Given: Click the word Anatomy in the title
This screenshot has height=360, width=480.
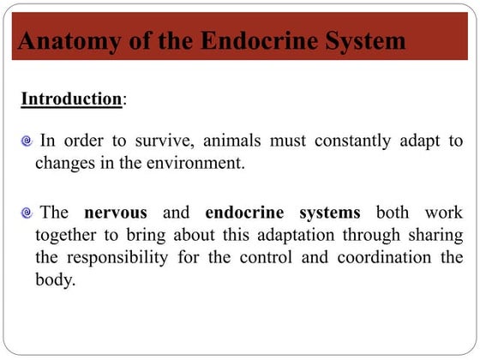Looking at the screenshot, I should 58,41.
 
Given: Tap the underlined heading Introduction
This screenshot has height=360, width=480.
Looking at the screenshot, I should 71,99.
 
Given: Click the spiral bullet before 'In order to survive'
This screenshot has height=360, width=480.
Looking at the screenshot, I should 27,140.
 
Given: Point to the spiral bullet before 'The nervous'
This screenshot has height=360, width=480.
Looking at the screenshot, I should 27,212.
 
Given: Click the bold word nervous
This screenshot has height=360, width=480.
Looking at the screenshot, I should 116,212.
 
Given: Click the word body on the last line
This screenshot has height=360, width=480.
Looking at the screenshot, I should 53,281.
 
